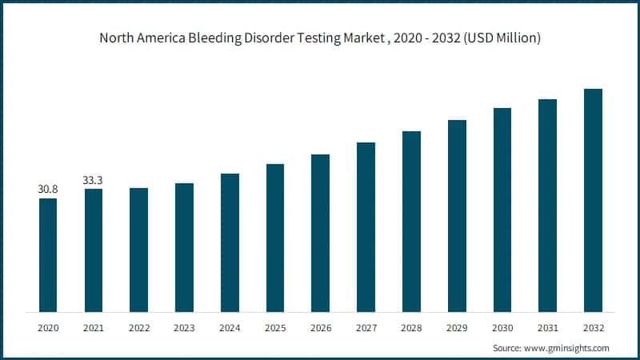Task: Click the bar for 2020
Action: pos(48,254)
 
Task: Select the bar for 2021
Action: pos(94,250)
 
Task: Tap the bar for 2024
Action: pos(230,242)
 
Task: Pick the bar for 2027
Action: pos(366,226)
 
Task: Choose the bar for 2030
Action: pos(502,209)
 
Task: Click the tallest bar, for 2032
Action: pos(593,199)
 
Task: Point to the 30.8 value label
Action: pos(48,190)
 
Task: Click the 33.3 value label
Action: pos(94,180)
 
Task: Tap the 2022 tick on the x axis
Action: pos(138,327)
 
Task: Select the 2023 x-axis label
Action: pos(184,327)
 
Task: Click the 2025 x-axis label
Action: pos(275,327)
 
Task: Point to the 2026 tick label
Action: pos(320,327)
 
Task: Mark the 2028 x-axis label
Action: pos(411,327)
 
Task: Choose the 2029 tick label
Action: pos(457,327)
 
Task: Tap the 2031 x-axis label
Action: pos(547,327)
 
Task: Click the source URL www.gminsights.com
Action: pos(566,348)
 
